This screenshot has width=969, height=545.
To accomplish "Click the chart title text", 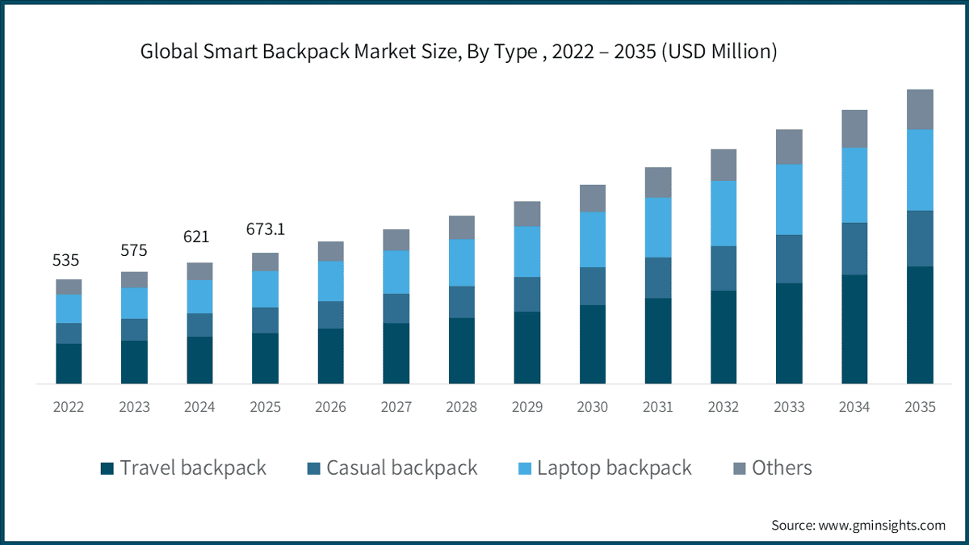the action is coord(459,52).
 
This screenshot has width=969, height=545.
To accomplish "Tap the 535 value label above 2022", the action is coord(65,260).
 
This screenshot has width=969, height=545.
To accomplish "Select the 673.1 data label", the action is coord(266,229).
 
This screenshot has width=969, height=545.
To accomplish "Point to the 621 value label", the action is coord(196,237).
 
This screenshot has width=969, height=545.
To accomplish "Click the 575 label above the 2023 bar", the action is coord(134,250).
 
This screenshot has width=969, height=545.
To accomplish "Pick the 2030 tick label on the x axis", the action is coord(592,407).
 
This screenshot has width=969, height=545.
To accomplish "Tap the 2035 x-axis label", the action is coord(920,407).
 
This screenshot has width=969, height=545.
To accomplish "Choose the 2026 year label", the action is coord(330,407).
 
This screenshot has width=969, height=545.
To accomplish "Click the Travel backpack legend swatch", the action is coord(107,468).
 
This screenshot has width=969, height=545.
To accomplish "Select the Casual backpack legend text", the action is coord(402,468).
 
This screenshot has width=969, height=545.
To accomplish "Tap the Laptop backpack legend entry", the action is coord(605,468).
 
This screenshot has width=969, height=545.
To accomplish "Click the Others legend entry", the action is coord(773,468).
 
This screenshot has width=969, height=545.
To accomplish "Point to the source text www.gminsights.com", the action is coord(882,526).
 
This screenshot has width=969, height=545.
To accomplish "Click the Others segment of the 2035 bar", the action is coord(920,110).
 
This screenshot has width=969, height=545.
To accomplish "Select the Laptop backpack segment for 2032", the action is coord(724,213).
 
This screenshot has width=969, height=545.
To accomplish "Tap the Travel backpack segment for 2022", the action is coord(69,364).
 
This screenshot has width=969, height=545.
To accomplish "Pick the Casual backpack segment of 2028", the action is coord(462,302).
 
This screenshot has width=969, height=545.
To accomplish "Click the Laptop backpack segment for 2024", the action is coord(200,297).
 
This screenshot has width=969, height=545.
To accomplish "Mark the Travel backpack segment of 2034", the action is coord(854,329).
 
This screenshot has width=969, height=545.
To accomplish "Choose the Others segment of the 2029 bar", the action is coord(527,214).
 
